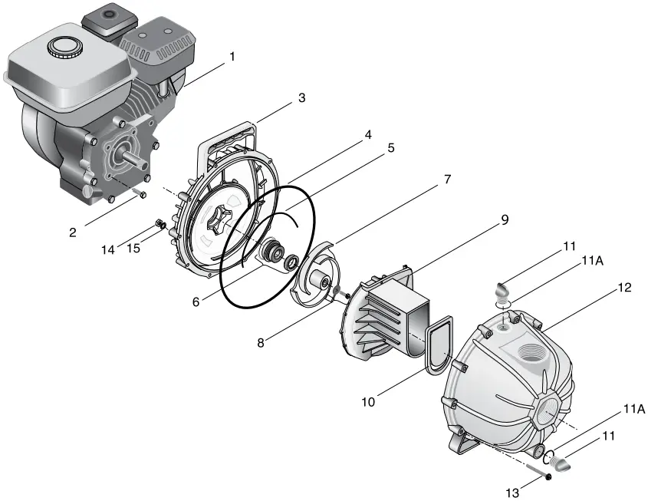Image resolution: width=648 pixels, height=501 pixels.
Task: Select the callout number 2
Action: coord(72,232)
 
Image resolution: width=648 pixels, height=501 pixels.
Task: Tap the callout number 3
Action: coord(302,98)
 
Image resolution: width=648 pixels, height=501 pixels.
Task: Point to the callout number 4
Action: coord(367,134)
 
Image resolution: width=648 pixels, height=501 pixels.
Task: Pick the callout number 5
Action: coord(390,148)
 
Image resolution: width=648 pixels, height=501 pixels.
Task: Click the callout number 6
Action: coord(196,302)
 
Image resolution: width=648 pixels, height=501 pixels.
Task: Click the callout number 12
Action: coord(625,287)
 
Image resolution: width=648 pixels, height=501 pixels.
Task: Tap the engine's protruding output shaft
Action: coord(135,162)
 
